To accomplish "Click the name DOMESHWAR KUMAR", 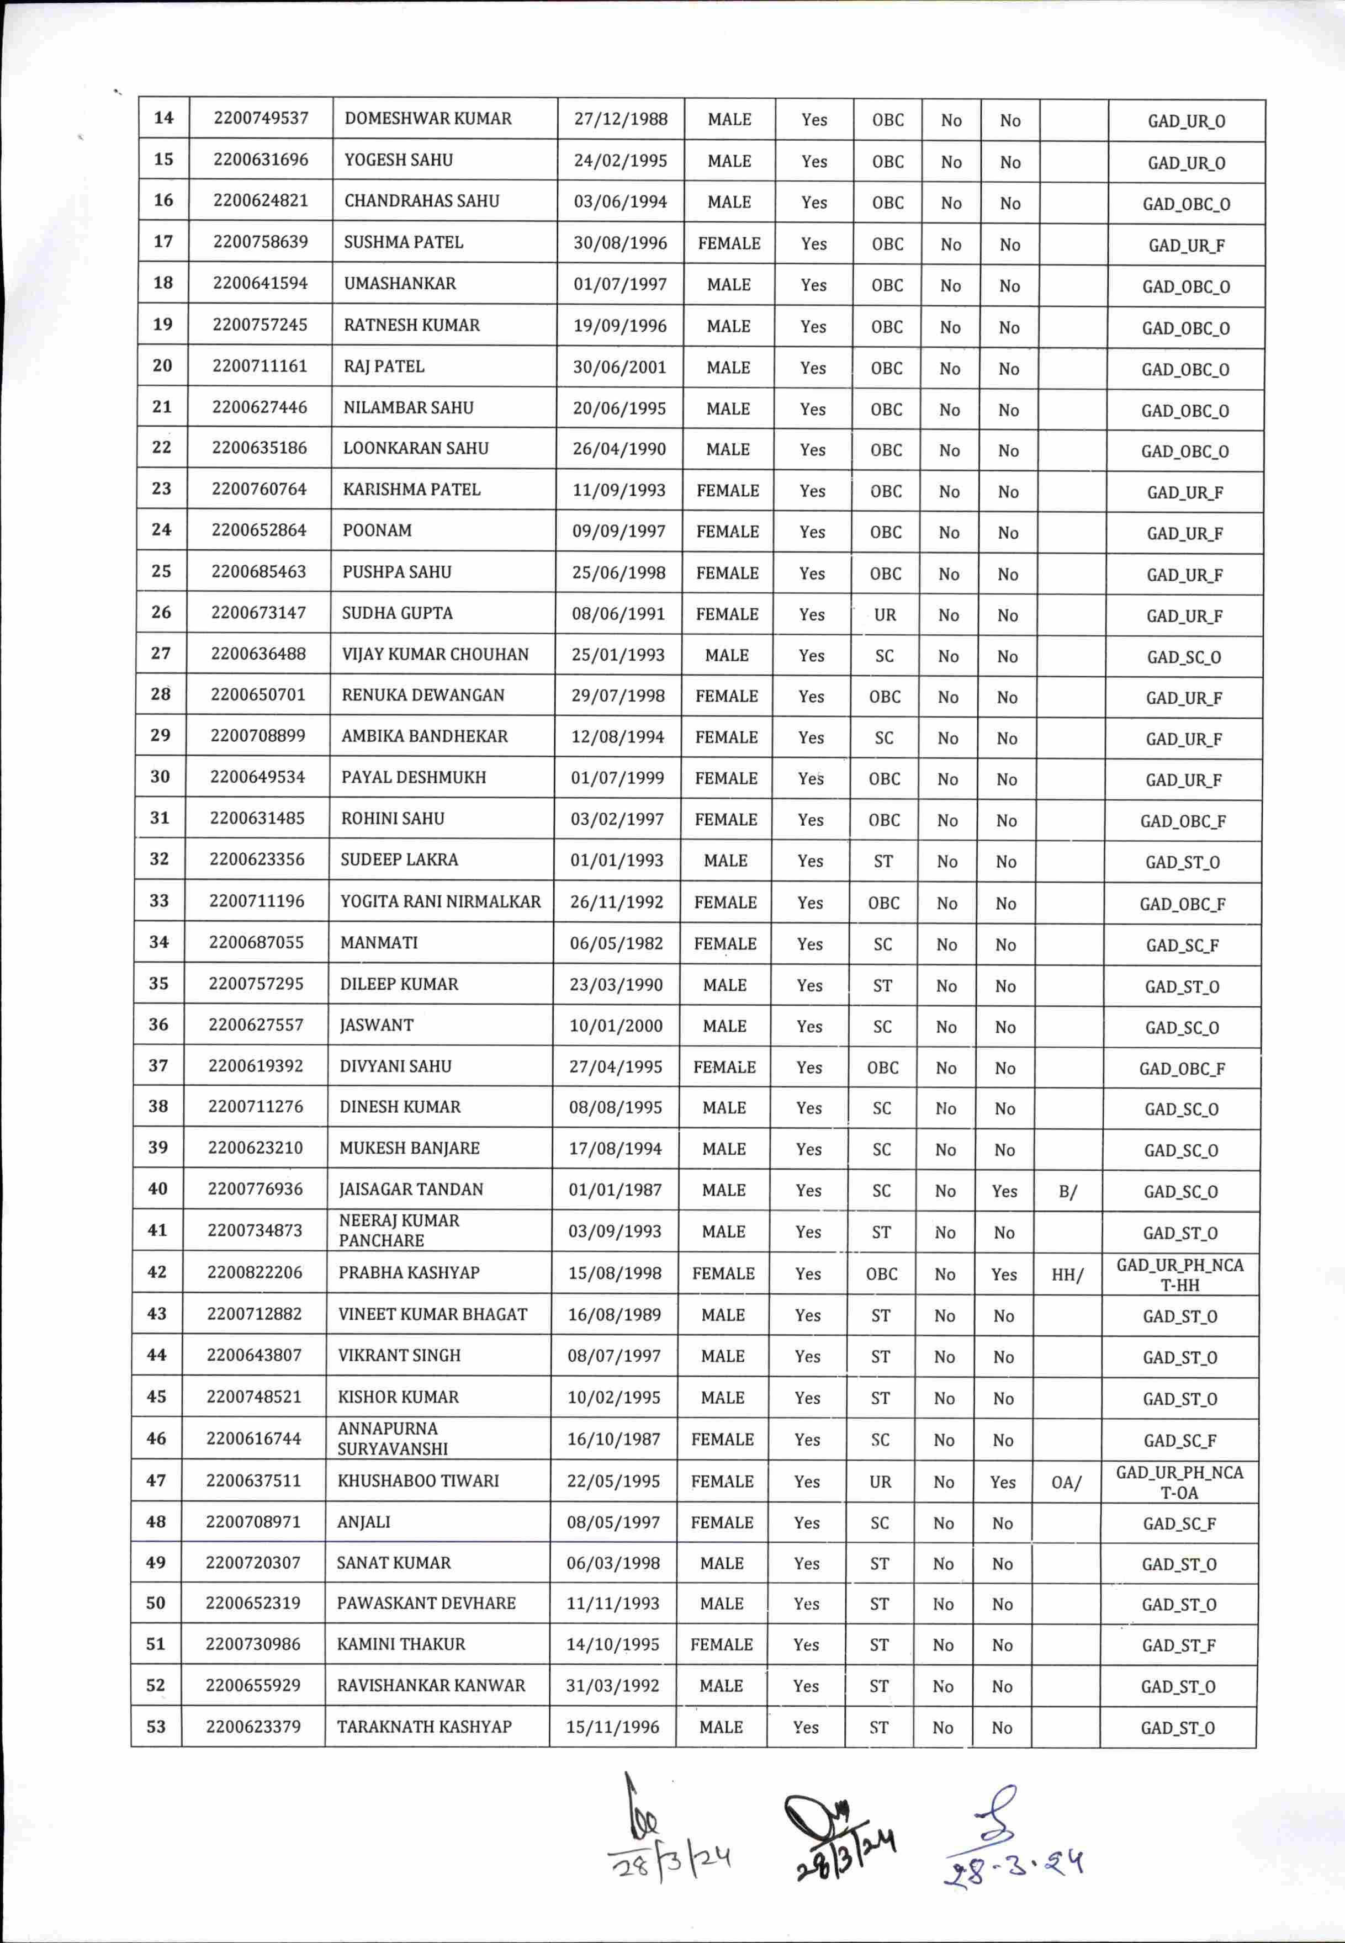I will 427,119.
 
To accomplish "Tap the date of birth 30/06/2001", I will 619,368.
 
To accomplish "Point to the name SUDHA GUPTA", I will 397,613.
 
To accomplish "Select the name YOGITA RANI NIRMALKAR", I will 440,901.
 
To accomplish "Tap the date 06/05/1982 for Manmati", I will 616,943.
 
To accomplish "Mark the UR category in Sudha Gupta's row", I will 885,615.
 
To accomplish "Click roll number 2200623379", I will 253,1727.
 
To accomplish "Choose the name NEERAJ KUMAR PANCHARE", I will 399,1230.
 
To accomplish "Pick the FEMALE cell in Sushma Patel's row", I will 729,243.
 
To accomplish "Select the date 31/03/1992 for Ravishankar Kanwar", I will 613,1686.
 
